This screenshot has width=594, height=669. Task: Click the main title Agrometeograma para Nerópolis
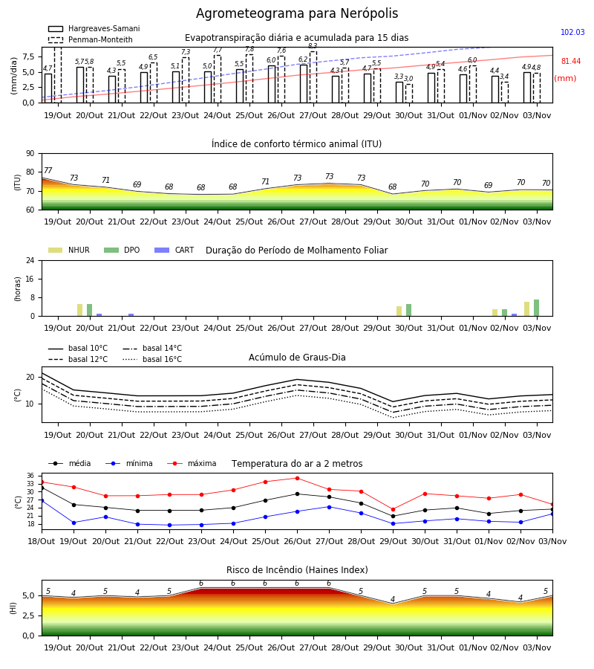coord(297,13)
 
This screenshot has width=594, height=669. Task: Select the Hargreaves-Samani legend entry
coord(94,28)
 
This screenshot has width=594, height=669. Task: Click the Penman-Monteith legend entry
coord(91,39)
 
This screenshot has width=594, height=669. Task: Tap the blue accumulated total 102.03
coord(572,32)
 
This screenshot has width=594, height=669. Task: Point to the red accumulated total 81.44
coord(571,61)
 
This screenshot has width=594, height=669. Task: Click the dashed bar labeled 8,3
coord(313,77)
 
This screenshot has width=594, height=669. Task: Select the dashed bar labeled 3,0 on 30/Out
coord(409,94)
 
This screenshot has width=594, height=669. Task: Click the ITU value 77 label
coord(48,170)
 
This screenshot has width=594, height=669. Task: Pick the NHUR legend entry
coord(69,250)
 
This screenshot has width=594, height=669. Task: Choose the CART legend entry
coord(174,250)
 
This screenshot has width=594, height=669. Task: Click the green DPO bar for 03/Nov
coord(537,308)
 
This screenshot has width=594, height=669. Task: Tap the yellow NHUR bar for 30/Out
coord(399,311)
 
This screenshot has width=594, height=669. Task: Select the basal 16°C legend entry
coord(152,359)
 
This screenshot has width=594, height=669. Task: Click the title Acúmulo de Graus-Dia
coord(297,357)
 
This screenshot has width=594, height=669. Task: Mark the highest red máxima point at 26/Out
coord(298,478)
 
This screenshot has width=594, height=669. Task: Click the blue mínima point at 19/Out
coord(74,523)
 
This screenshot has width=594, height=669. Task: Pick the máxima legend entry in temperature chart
coord(192,463)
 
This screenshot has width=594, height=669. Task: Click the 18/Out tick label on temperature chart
coord(42,541)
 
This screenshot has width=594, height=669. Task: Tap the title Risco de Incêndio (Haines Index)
coord(297,570)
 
